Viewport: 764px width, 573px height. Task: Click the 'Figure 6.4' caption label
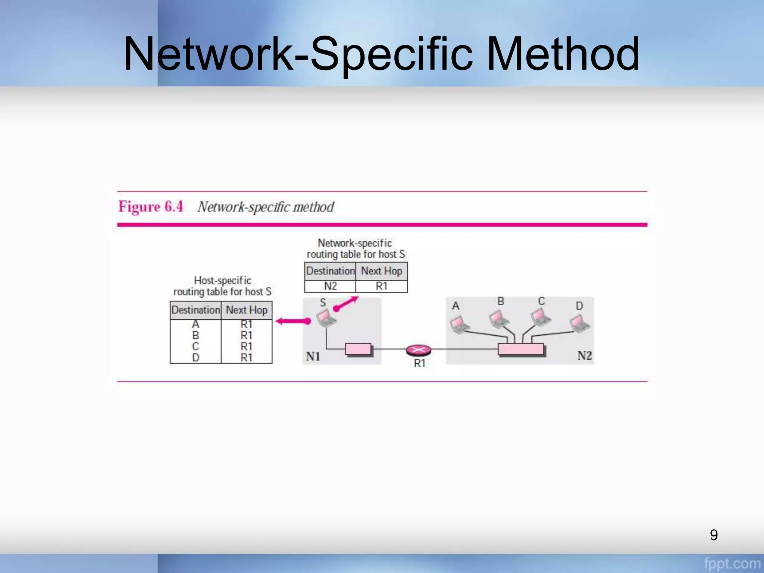point(151,206)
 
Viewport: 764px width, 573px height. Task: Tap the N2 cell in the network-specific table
point(330,286)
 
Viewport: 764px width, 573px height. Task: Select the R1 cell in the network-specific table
point(381,286)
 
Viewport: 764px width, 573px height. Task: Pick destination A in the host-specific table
point(195,324)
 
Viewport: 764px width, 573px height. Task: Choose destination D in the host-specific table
point(195,358)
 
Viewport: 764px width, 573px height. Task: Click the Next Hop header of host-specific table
point(247,310)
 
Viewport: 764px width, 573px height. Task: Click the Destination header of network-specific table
point(330,271)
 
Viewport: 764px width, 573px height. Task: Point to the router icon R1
point(418,350)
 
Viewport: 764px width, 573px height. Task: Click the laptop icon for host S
point(326,318)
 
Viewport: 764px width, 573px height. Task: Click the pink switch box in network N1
point(358,349)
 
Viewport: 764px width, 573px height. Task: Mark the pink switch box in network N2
point(520,349)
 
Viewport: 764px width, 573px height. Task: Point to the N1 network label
point(313,357)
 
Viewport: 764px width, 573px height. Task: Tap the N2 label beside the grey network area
point(585,356)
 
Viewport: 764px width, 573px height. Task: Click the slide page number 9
point(714,535)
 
